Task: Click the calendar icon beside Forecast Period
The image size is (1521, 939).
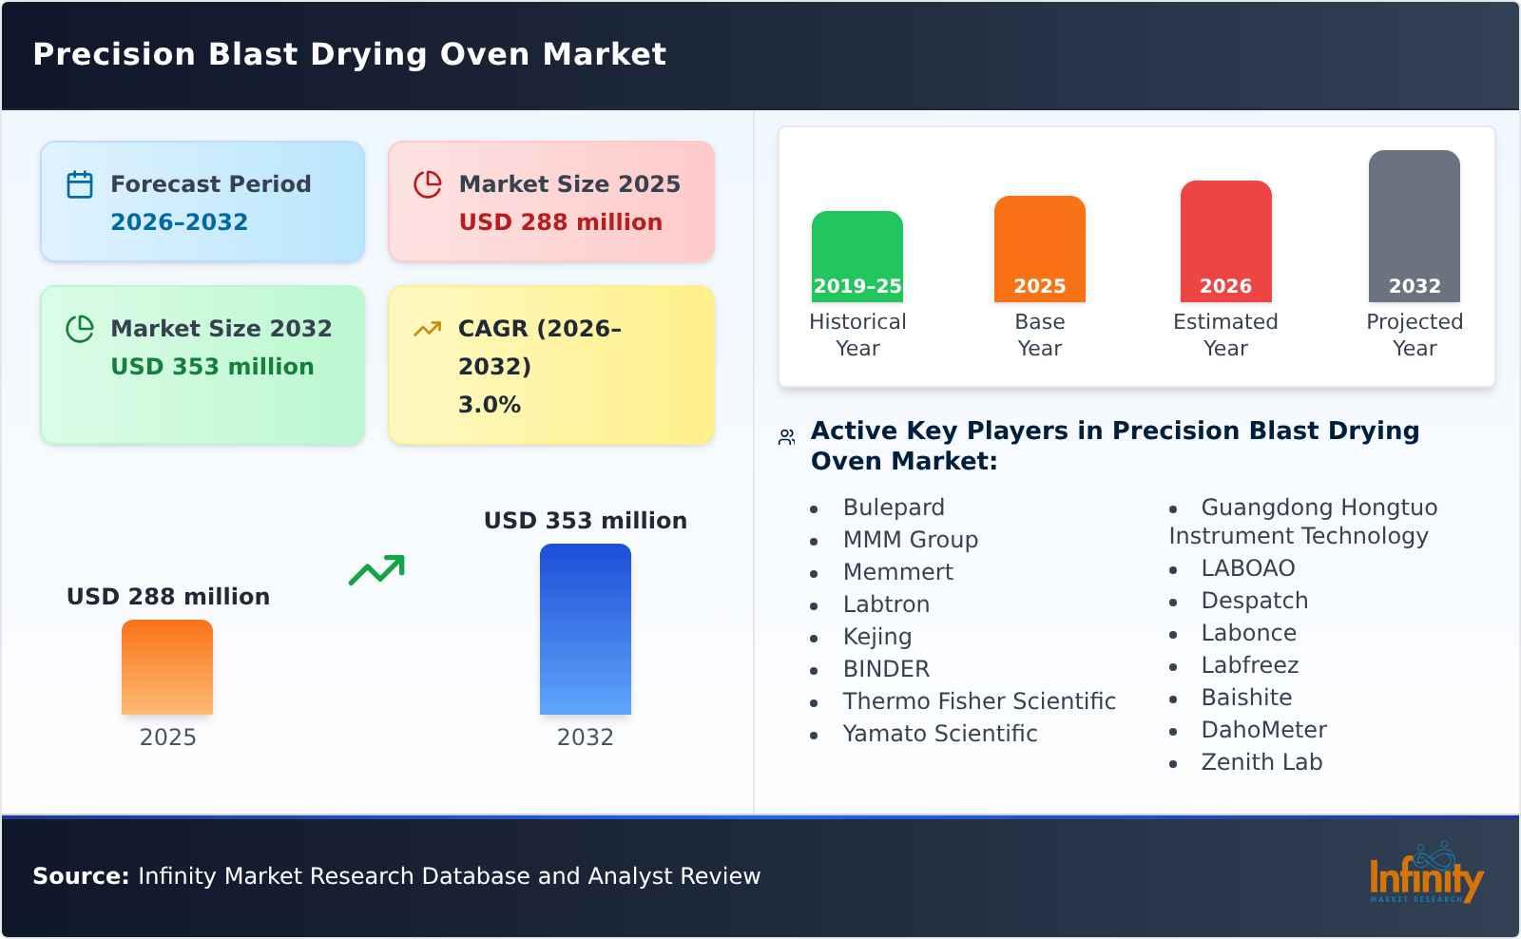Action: pyautogui.click(x=80, y=184)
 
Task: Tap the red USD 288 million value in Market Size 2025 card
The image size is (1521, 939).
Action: pyautogui.click(x=560, y=221)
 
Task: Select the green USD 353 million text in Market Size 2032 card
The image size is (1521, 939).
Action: pyautogui.click(x=212, y=366)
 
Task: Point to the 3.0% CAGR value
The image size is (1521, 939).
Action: pyautogui.click(x=489, y=404)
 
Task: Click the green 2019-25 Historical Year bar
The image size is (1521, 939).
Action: pyautogui.click(x=857, y=257)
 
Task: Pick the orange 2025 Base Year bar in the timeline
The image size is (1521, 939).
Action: pyautogui.click(x=1039, y=249)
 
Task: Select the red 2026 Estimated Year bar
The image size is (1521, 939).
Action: pyautogui.click(x=1225, y=241)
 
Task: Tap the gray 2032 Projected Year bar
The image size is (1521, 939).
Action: pyautogui.click(x=1414, y=226)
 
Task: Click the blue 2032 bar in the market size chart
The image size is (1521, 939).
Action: pyautogui.click(x=585, y=629)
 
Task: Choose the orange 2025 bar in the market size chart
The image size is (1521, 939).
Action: pyautogui.click(x=167, y=667)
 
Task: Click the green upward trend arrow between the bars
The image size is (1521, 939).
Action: pyautogui.click(x=376, y=569)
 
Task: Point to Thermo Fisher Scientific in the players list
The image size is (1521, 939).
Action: pyautogui.click(x=978, y=700)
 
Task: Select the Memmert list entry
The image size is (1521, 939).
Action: pyautogui.click(x=897, y=571)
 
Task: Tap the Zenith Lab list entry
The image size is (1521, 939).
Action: pyautogui.click(x=1261, y=761)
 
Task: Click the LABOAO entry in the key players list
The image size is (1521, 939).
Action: pyautogui.click(x=1247, y=567)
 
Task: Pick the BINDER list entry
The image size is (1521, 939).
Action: pyautogui.click(x=886, y=668)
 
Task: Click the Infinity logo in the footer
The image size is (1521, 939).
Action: pyautogui.click(x=1425, y=874)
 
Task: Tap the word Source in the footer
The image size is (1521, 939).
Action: pyautogui.click(x=80, y=875)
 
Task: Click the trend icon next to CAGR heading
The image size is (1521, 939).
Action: pyautogui.click(x=427, y=329)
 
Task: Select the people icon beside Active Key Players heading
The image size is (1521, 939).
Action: pyautogui.click(x=786, y=437)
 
